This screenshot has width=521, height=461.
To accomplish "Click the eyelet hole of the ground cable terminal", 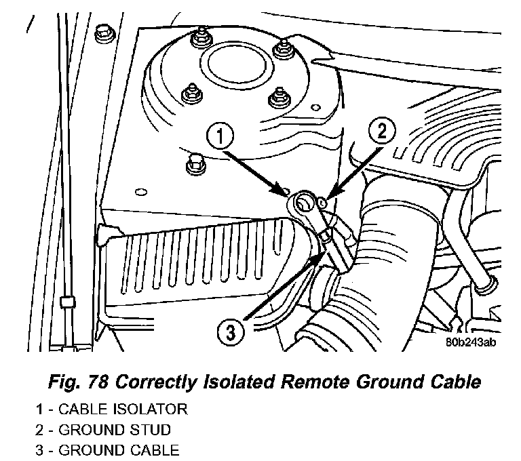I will pyautogui.click(x=303, y=201).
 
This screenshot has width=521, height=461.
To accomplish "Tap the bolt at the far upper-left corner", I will pyautogui.click(x=103, y=32).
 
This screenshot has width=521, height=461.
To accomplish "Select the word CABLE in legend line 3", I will pyautogui.click(x=163, y=450).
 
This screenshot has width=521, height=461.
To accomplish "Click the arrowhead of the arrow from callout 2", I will pyautogui.click(x=327, y=198).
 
